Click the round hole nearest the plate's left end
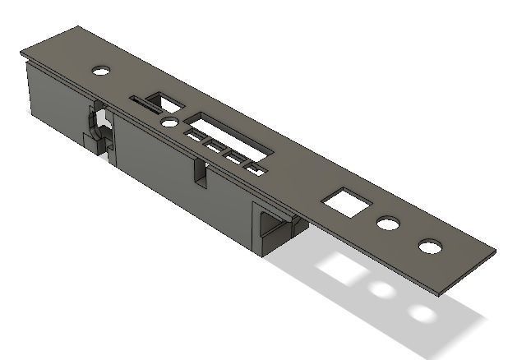(100, 71)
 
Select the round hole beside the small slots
(169, 122)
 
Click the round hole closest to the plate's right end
(428, 247)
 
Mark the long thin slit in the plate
(148, 103)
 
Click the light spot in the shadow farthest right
(422, 313)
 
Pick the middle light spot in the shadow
(381, 290)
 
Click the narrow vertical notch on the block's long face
(200, 172)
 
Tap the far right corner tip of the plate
(496, 251)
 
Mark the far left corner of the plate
(21, 53)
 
